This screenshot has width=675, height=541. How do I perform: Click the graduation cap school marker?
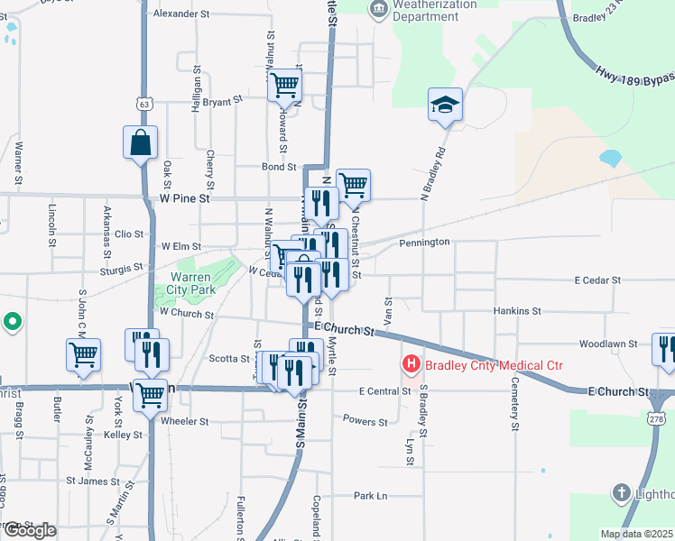pos(445,105)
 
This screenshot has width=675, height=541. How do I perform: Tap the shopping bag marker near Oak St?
pos(141,142)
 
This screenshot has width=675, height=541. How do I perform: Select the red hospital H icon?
pos(411,365)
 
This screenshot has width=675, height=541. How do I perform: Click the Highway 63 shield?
pos(144,104)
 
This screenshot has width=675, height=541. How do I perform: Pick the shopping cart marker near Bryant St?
pos(285,85)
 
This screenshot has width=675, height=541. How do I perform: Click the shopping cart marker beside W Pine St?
pos(354,186)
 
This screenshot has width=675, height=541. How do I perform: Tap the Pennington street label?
pos(424,243)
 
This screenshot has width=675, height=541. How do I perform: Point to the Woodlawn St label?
pos(608,344)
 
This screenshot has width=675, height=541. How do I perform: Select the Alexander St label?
pos(181,14)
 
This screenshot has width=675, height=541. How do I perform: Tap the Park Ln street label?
pos(370,496)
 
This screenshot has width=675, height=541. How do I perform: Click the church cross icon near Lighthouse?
pos(621,492)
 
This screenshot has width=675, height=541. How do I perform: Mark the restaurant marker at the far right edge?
pos(666,351)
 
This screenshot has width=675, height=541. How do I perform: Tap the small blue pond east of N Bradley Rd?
pos(610,159)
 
